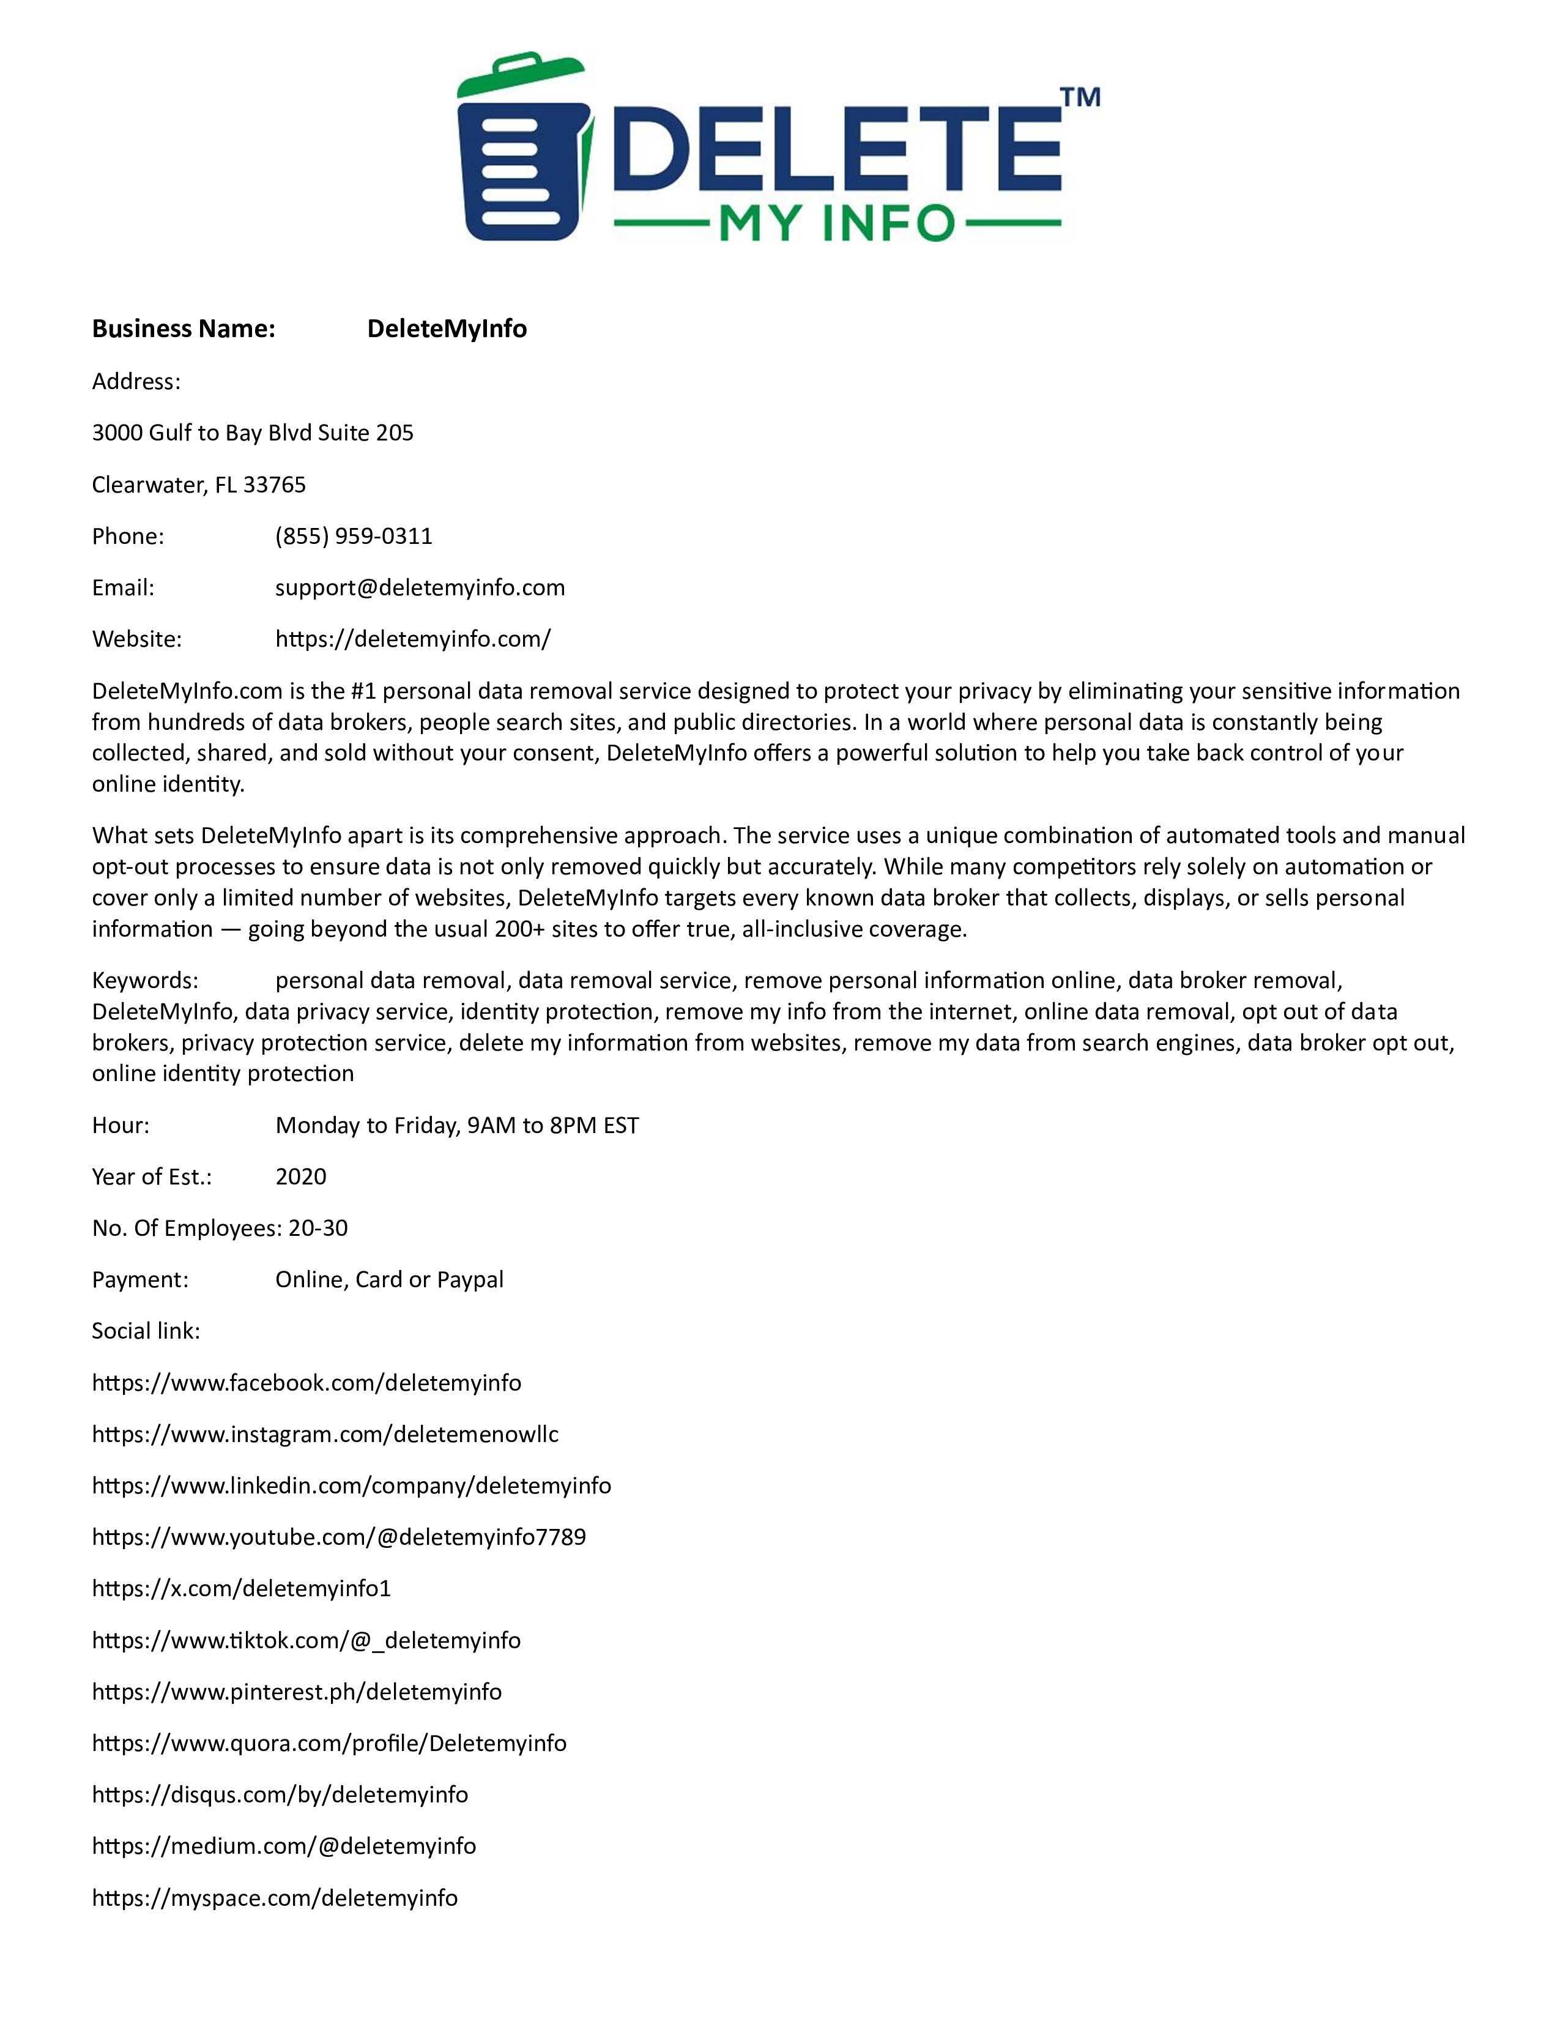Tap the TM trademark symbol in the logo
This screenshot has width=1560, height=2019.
1079,97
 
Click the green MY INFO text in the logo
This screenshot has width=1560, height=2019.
836,223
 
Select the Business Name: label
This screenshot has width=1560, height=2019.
183,329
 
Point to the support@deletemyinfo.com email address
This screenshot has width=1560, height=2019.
420,588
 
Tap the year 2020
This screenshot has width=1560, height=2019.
300,1177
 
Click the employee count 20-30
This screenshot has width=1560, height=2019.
318,1229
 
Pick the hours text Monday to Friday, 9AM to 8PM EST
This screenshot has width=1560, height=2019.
456,1126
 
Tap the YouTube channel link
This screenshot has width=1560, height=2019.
338,1537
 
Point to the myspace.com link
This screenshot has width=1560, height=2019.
275,1898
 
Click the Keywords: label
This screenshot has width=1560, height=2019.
144,981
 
